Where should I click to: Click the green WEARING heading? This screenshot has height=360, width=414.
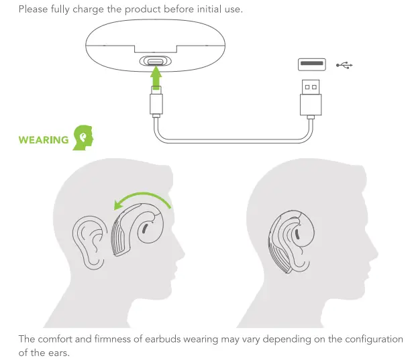(44, 140)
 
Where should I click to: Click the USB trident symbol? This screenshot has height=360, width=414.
(344, 65)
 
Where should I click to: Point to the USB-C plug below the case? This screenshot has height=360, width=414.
(156, 105)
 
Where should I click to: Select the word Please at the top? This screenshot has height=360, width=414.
(34, 9)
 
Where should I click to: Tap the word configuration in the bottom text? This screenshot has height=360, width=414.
(371, 339)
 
